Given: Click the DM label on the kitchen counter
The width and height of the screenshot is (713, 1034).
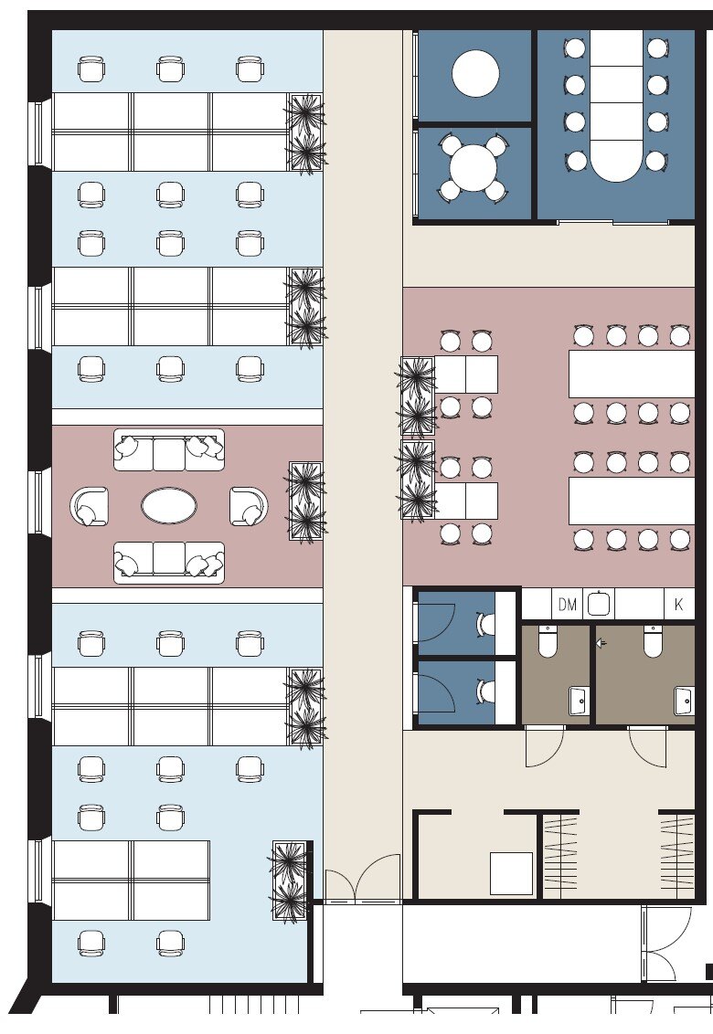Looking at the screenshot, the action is point(567,604).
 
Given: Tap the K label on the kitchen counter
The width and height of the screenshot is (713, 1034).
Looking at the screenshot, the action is point(678,604).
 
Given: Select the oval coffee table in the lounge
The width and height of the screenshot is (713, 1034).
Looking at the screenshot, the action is point(169,506).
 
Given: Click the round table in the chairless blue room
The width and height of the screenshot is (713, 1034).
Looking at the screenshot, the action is point(475,73).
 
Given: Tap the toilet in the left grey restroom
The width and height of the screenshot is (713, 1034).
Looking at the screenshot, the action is point(548,641).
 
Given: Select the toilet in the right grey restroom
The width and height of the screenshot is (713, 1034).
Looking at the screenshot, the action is point(653,641).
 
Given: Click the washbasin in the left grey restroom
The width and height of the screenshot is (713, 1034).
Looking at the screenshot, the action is point(579,701).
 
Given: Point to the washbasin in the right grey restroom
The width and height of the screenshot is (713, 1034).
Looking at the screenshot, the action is point(684,701).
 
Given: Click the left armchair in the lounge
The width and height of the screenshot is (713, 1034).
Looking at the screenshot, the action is point(90,506).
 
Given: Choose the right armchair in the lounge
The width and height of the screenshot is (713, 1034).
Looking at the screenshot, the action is point(249,506).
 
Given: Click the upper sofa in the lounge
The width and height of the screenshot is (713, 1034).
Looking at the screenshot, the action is point(169,450).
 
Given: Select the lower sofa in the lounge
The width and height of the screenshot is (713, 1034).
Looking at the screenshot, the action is point(169,563).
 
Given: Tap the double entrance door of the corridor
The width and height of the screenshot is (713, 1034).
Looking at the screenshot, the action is point(362,878).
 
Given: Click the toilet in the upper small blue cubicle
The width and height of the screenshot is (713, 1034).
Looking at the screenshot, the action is point(486,623).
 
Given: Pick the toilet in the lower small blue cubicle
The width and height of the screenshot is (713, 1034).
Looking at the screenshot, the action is point(486,691).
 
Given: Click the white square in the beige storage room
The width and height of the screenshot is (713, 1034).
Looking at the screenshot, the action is point(511,873).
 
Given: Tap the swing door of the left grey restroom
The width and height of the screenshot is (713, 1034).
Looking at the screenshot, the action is point(546,746).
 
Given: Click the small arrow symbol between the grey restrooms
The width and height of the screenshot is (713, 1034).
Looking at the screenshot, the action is point(601,642).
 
